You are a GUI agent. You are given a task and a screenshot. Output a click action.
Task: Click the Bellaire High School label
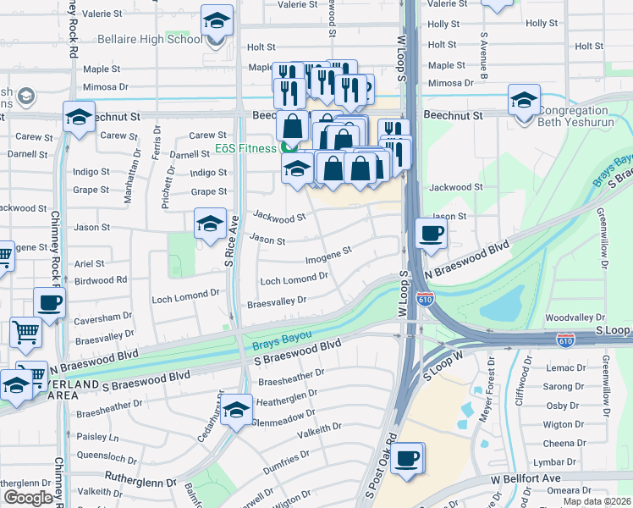(x=149, y=39)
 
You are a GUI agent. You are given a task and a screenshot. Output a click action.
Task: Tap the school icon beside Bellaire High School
(x=217, y=23)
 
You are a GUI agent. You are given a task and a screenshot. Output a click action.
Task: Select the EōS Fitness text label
(x=245, y=149)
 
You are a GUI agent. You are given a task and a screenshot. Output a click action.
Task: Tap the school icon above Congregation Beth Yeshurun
(x=524, y=101)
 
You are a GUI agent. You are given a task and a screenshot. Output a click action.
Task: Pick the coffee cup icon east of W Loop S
(x=431, y=234)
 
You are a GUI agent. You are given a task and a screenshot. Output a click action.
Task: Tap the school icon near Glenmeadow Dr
(x=236, y=411)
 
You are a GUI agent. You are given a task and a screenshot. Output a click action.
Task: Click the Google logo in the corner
(x=28, y=498)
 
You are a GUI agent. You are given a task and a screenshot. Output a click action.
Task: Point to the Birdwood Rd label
(x=101, y=279)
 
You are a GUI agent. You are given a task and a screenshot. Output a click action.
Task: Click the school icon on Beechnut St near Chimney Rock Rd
(x=79, y=119)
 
